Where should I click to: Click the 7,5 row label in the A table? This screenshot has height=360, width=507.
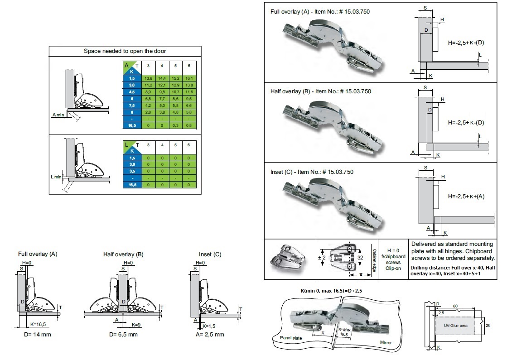[132, 105]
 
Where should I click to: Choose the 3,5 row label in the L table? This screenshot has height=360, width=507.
[132, 172]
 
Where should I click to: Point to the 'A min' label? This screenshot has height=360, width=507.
[58, 115]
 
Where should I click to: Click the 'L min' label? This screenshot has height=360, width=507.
[56, 177]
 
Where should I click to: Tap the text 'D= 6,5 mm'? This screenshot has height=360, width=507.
[123, 335]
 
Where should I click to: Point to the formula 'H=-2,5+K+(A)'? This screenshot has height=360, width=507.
[466, 197]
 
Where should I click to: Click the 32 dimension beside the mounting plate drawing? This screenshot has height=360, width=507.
[361, 257]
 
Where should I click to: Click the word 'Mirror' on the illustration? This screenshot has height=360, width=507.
[386, 342]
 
